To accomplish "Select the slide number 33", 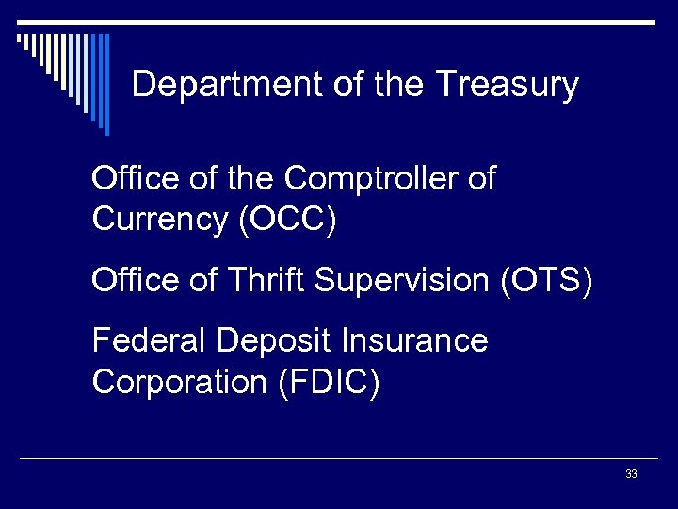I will pos(631,474).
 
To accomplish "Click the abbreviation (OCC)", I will pos(287,220).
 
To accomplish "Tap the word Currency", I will pos(161,220).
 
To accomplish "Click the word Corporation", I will pos(180,383).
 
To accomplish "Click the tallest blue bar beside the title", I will pos(105,85).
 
